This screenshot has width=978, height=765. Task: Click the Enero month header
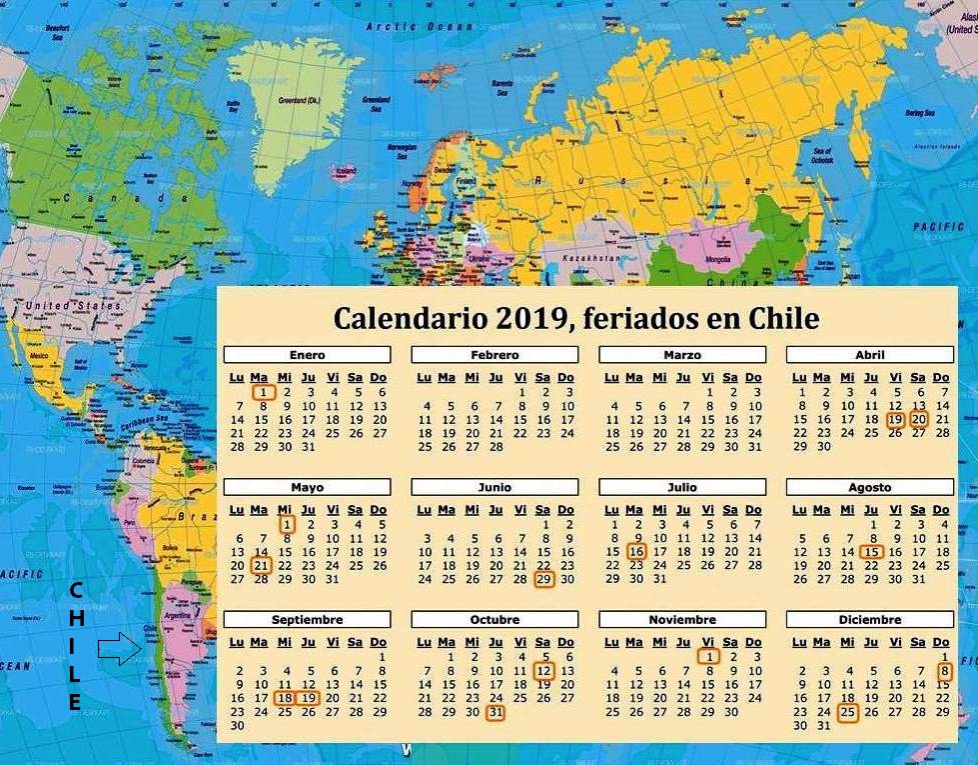(307, 355)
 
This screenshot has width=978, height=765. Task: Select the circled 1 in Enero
(262, 393)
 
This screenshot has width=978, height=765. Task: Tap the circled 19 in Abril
(895, 420)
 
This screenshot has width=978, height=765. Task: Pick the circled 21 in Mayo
(261, 565)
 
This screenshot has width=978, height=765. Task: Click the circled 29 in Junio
(543, 579)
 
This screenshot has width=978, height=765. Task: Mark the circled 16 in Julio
(636, 551)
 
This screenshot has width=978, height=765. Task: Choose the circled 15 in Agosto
(872, 552)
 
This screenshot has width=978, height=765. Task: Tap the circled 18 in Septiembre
(285, 698)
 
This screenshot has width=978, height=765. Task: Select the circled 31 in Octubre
(495, 712)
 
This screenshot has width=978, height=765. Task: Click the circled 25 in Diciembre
(847, 712)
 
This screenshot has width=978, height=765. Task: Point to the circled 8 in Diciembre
(944, 671)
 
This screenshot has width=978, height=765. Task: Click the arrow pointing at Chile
(120, 649)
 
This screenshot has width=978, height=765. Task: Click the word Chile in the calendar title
(779, 318)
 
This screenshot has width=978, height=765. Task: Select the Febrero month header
(494, 355)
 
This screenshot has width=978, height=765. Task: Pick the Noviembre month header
(682, 620)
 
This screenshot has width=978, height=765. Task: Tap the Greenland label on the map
(299, 100)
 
